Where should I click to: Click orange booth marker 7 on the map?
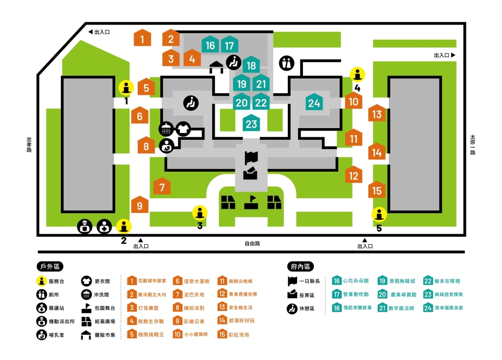tap(162, 186)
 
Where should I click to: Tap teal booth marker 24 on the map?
tap(314, 103)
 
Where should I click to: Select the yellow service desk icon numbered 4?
tap(357, 75)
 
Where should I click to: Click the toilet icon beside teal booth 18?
tap(286, 63)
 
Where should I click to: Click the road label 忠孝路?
tap(29, 145)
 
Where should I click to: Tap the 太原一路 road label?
tap(473, 145)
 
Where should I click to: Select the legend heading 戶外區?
tap(50, 266)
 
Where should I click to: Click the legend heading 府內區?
tap(299, 266)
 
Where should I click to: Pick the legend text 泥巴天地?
tap(194, 294)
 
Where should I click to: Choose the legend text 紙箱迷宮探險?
tap(449, 294)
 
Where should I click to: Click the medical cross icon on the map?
tap(104, 227)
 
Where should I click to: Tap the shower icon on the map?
tap(166, 129)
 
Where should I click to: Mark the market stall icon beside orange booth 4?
tap(216, 67)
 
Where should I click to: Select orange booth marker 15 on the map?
tap(376, 190)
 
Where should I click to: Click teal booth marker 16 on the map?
tap(210, 45)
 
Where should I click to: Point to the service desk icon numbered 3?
tap(200, 213)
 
